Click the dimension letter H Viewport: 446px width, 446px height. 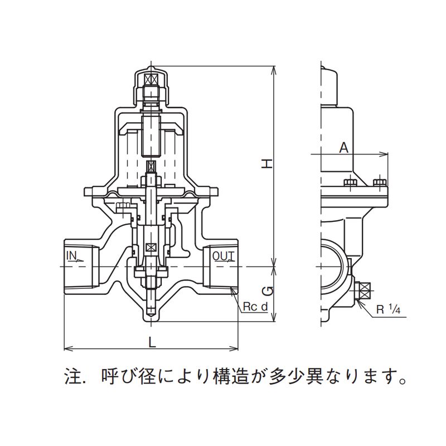pyautogui.click(x=268, y=163)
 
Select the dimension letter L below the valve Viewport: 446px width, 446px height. pyautogui.click(x=152, y=342)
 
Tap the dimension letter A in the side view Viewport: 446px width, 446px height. pyautogui.click(x=344, y=148)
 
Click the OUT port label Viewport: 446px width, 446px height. pyautogui.click(x=224, y=256)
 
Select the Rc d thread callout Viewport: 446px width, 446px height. pyautogui.click(x=255, y=307)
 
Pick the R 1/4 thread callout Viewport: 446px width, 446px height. pyautogui.click(x=388, y=309)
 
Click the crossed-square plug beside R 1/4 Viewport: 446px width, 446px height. pyautogui.click(x=365, y=290)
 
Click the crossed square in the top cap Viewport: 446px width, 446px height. pyautogui.click(x=151, y=79)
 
